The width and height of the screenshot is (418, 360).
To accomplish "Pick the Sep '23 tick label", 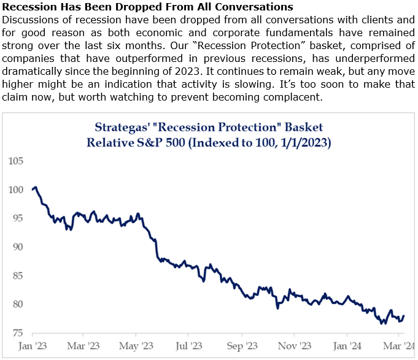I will coord(244,346).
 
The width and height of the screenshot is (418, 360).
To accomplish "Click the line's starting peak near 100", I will coord(36,187).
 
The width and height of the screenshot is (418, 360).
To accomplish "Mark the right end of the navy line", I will coord(403,316).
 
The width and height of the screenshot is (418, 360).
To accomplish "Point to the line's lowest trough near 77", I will coord(382,323).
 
